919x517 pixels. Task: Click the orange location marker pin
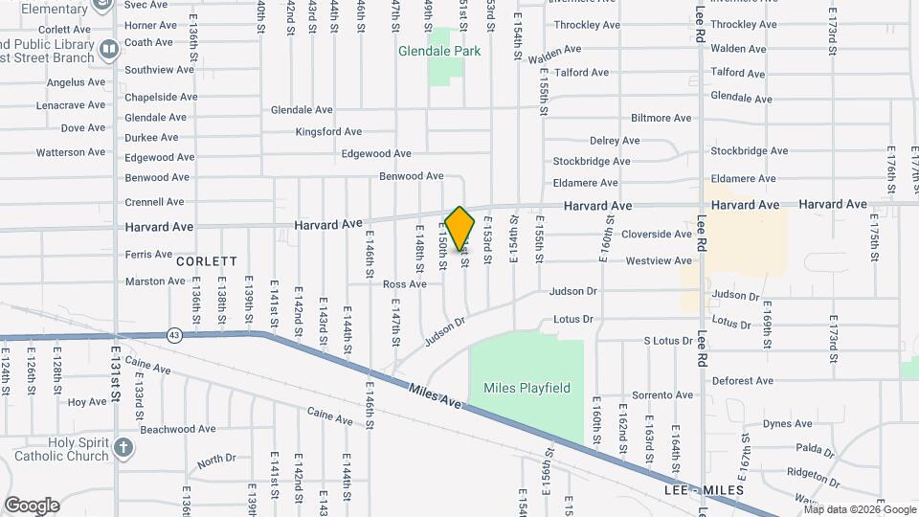tap(460, 228)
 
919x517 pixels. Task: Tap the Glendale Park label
tap(439, 51)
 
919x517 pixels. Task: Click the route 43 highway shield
tap(173, 335)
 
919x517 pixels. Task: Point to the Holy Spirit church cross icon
tap(123, 447)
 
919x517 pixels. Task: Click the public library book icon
tap(109, 48)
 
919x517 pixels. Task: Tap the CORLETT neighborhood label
tap(206, 260)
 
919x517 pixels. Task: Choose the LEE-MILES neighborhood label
tap(704, 490)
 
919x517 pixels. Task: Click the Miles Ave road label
tap(436, 393)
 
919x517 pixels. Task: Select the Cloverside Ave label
tap(656, 234)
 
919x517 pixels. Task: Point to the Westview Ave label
tap(658, 260)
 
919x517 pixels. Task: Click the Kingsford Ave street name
tap(328, 131)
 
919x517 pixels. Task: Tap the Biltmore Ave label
tap(661, 118)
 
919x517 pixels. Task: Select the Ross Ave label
tap(404, 284)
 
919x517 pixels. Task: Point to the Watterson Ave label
tap(71, 152)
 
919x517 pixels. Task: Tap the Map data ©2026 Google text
tap(859, 509)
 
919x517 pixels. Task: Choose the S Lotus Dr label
tap(667, 341)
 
